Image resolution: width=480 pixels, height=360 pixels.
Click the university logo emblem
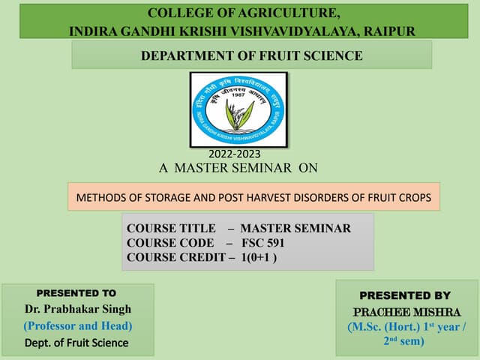click(238, 109)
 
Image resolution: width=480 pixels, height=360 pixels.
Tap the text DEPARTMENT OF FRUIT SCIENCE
click(252, 55)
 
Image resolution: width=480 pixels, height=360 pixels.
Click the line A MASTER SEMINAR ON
click(238, 168)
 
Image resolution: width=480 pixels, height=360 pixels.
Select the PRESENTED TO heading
click(76, 293)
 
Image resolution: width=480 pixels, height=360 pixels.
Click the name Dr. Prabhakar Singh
click(77, 309)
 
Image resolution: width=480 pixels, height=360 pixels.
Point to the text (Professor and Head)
click(77, 326)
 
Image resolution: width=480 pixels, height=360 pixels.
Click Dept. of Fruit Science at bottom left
click(76, 343)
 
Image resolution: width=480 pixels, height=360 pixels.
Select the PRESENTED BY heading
click(405, 295)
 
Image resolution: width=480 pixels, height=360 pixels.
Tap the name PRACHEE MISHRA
click(406, 311)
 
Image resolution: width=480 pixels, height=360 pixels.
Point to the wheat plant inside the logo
click(240, 112)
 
